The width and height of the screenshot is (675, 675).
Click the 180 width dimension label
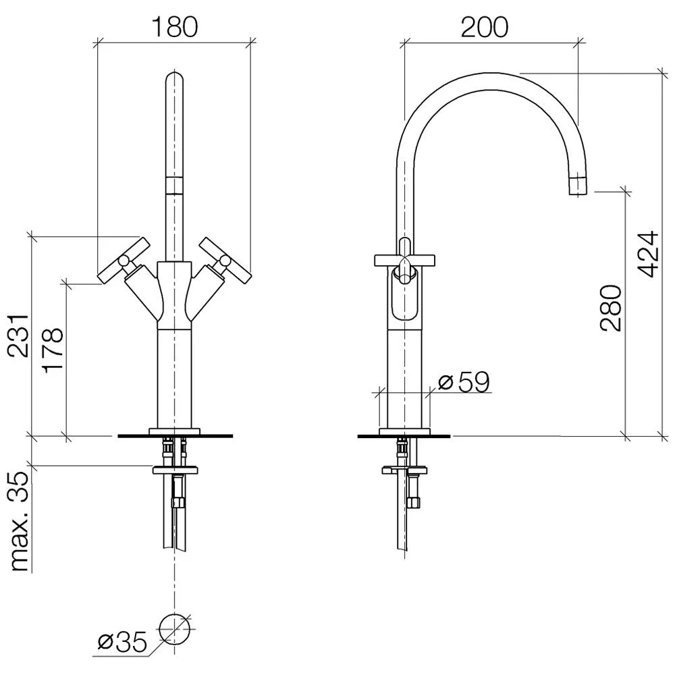click(x=174, y=27)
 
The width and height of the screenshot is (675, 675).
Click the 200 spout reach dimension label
click(x=484, y=28)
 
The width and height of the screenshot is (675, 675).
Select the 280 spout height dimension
click(x=611, y=308)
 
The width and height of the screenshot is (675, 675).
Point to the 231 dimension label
click(x=20, y=335)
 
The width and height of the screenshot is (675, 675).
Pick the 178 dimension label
click(x=53, y=349)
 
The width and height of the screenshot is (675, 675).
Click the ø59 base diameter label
click(x=464, y=381)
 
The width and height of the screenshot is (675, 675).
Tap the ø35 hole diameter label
click(x=122, y=643)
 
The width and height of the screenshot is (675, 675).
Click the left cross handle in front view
click(x=124, y=260)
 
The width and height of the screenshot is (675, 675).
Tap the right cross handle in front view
click(x=224, y=260)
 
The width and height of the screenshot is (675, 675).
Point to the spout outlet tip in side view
click(x=578, y=186)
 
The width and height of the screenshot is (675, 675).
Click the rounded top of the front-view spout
click(x=174, y=78)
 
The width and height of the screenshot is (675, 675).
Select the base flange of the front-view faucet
click(x=174, y=431)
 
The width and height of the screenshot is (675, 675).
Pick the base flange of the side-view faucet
click(x=404, y=431)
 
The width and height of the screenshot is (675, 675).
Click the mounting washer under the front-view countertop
click(x=175, y=470)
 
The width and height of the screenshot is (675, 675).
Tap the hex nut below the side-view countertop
click(x=414, y=502)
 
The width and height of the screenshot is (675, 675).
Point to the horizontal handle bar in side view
click(x=404, y=260)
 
